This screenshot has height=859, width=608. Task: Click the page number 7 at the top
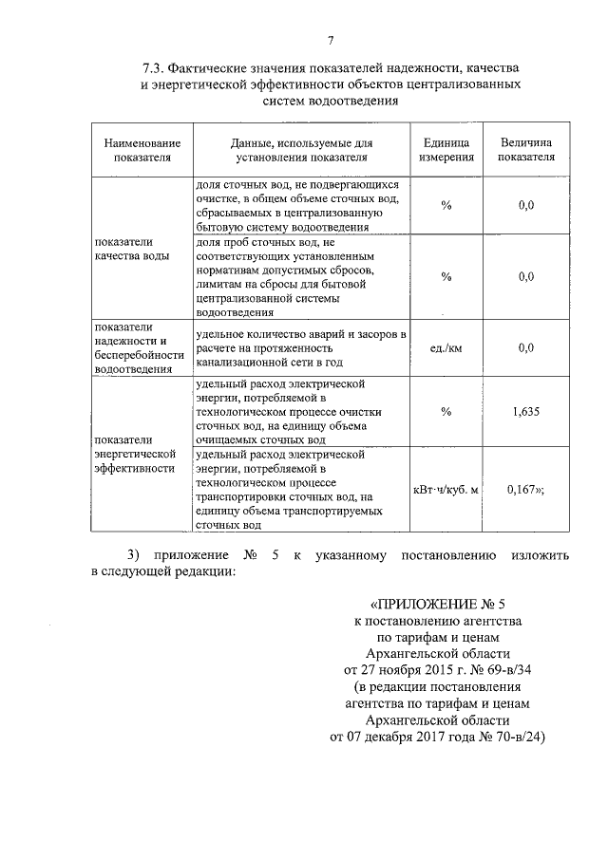(330, 40)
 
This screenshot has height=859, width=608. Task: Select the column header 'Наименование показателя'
(142, 149)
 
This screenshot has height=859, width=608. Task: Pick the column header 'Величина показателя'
(527, 149)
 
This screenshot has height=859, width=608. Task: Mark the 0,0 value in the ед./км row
(527, 348)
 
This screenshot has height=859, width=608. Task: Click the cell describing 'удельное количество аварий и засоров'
(301, 348)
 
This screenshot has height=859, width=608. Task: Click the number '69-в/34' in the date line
(502, 669)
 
